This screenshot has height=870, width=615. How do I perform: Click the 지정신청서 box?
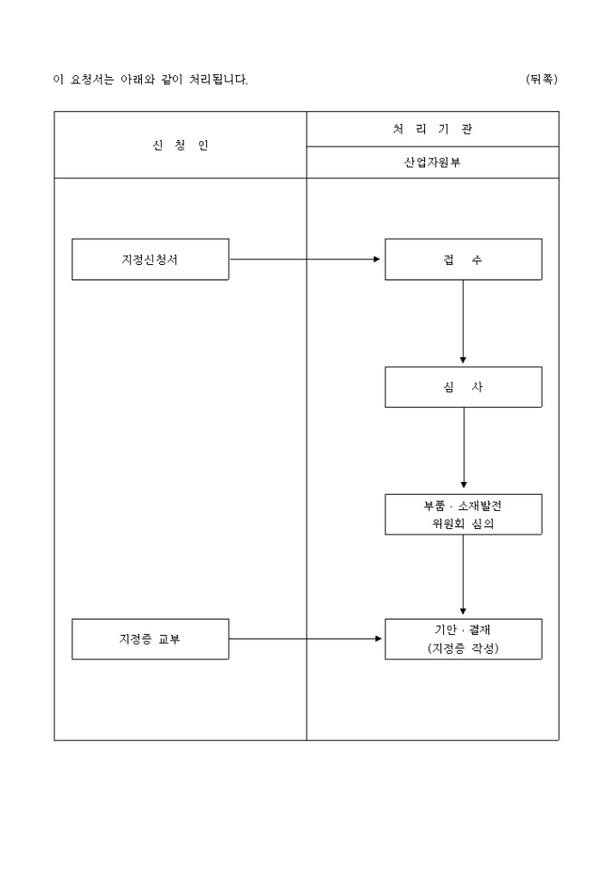pyautogui.click(x=150, y=260)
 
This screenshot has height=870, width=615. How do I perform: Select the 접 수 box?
pyautogui.click(x=463, y=260)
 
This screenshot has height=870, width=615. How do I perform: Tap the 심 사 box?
pyautogui.click(x=463, y=387)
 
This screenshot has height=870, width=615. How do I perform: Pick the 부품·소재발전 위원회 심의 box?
pyautogui.click(x=463, y=515)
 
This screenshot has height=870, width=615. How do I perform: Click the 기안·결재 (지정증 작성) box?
pyautogui.click(x=463, y=639)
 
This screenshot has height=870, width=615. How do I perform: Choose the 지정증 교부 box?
pyautogui.click(x=150, y=639)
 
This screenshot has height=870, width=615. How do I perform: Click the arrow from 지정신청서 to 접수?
pyautogui.click(x=306, y=260)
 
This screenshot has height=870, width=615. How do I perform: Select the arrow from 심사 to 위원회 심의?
pyautogui.click(x=463, y=449)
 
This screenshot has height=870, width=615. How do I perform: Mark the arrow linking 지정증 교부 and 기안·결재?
pyautogui.click(x=306, y=639)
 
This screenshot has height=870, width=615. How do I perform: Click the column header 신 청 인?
pyautogui.click(x=180, y=145)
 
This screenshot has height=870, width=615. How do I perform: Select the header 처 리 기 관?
pyautogui.click(x=432, y=129)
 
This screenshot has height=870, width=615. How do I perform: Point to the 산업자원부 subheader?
pyautogui.click(x=432, y=163)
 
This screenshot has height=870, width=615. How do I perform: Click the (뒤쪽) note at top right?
pyautogui.click(x=542, y=80)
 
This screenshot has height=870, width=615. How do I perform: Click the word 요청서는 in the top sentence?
pyautogui.click(x=90, y=80)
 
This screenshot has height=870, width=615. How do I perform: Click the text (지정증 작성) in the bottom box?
pyautogui.click(x=463, y=648)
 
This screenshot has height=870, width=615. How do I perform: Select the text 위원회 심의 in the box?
pyautogui.click(x=463, y=524)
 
